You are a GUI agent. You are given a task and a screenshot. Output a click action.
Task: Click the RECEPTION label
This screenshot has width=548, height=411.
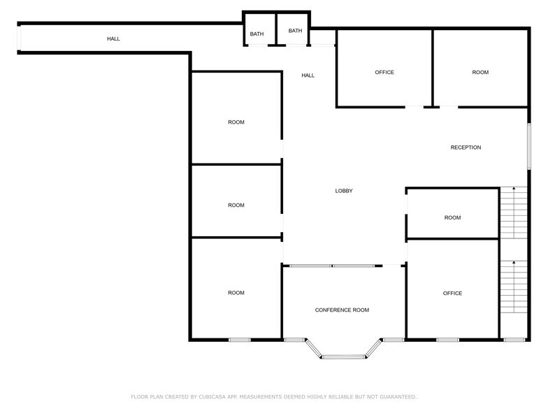click(x=466, y=147)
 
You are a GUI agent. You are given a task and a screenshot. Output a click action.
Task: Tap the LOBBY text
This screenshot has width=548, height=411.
click(x=343, y=191)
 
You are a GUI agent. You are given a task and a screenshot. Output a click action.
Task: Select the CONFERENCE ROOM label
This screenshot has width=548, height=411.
click(x=342, y=310)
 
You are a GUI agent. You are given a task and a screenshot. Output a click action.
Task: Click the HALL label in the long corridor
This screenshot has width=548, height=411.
click(x=113, y=38)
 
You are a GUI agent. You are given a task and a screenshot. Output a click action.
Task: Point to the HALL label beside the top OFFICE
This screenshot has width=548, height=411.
click(x=308, y=75)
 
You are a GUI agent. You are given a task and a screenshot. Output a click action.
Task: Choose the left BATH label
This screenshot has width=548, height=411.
click(x=257, y=34)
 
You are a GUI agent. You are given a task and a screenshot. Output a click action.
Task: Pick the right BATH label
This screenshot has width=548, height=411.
click(x=295, y=31)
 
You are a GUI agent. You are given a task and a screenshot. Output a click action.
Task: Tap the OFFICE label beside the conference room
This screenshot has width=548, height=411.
click(x=452, y=294)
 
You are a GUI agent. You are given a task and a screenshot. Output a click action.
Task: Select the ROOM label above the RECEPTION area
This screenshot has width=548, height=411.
click(x=480, y=73)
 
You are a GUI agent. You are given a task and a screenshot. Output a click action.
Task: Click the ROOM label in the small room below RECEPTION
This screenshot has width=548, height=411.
click(x=452, y=218)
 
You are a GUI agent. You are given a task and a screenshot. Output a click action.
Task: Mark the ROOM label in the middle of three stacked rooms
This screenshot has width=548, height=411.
click(x=236, y=206)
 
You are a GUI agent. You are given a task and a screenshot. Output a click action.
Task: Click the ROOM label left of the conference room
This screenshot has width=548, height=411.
click(x=236, y=293)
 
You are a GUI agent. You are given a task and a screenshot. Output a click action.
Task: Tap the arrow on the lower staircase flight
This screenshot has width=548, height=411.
click(x=514, y=263)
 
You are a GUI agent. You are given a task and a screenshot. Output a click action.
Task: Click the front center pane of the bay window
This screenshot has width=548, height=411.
click(x=343, y=356)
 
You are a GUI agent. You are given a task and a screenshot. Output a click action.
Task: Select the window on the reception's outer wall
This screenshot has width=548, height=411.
click(x=528, y=145)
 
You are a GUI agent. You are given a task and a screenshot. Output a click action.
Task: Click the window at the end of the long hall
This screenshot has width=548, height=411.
click(x=20, y=38)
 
